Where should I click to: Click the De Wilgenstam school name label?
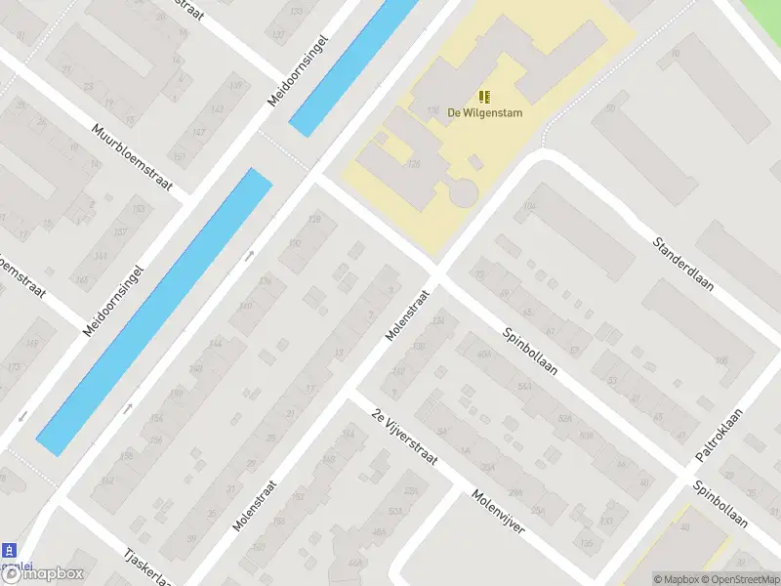pyautogui.click(x=485, y=112)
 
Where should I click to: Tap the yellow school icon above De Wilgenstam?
pyautogui.click(x=485, y=96)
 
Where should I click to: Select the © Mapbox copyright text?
pyautogui.click(x=676, y=579)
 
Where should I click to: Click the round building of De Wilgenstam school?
pyautogui.click(x=465, y=191)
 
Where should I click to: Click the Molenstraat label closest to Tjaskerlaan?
pyautogui.click(x=256, y=504)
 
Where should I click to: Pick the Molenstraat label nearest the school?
pyautogui.click(x=407, y=314)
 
